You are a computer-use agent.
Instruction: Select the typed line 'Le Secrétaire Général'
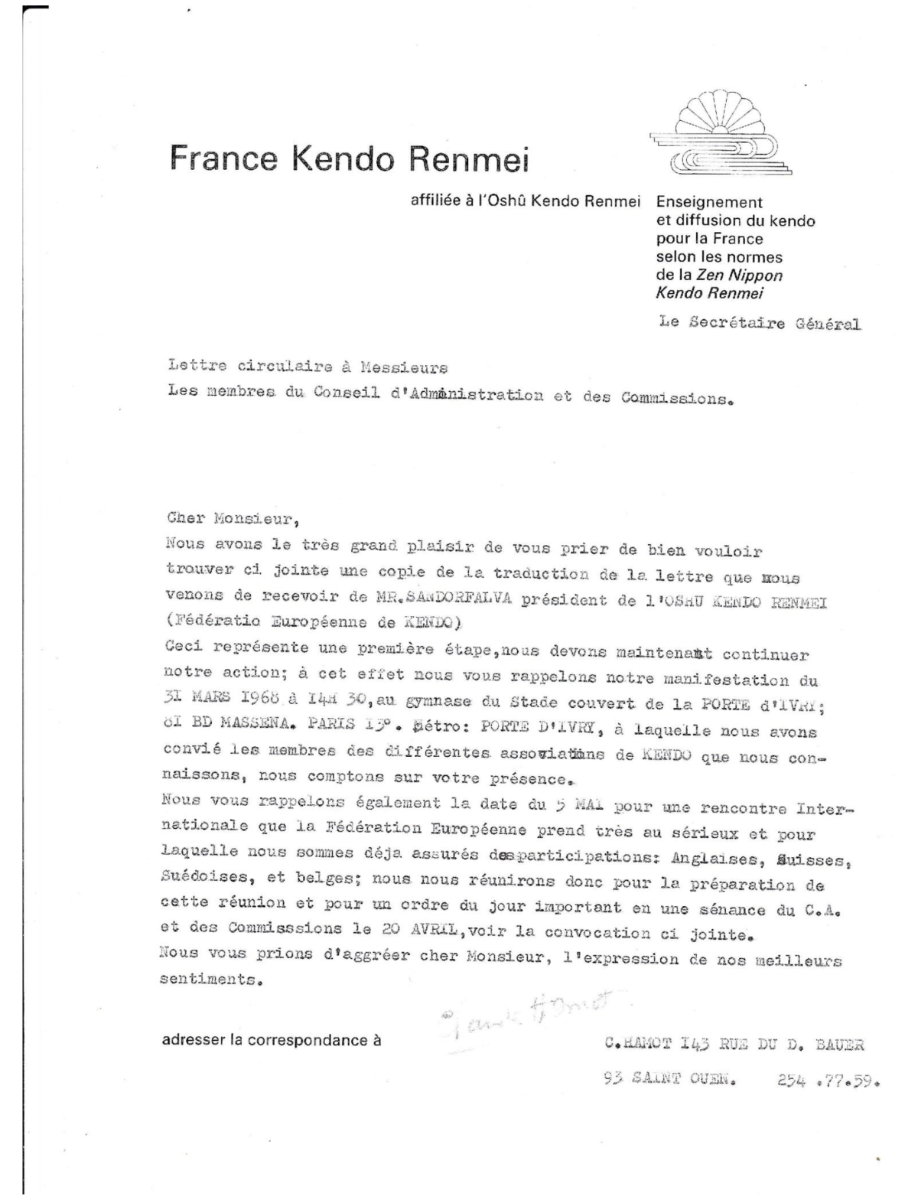pyautogui.click(x=759, y=323)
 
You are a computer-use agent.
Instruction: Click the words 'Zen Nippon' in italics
pyautogui.click(x=739, y=276)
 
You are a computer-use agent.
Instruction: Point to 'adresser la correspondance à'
pyautogui.click(x=271, y=1040)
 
